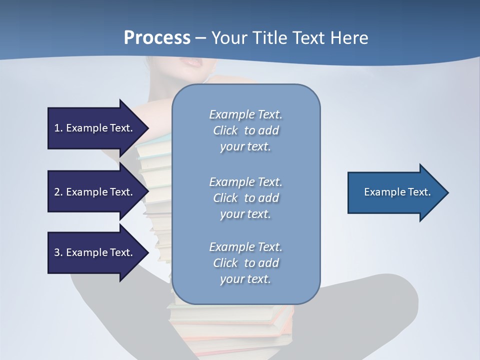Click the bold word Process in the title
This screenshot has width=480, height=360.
point(157,38)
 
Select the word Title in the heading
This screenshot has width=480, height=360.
point(270,38)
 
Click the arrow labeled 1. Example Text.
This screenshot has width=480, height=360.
point(95,128)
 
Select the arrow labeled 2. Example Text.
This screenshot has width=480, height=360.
point(95,192)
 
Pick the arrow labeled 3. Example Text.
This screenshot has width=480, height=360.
point(95,252)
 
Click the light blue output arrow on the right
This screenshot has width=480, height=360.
point(395,192)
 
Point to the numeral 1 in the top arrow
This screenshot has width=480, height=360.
point(57,128)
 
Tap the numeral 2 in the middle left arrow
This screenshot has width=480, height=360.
point(57,192)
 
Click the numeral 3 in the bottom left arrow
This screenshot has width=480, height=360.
point(57,252)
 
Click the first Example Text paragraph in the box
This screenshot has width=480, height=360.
point(245,130)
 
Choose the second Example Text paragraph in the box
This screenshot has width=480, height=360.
point(245,198)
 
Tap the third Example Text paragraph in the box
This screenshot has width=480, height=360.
point(245,263)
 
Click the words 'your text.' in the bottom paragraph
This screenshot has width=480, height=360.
point(245,279)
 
